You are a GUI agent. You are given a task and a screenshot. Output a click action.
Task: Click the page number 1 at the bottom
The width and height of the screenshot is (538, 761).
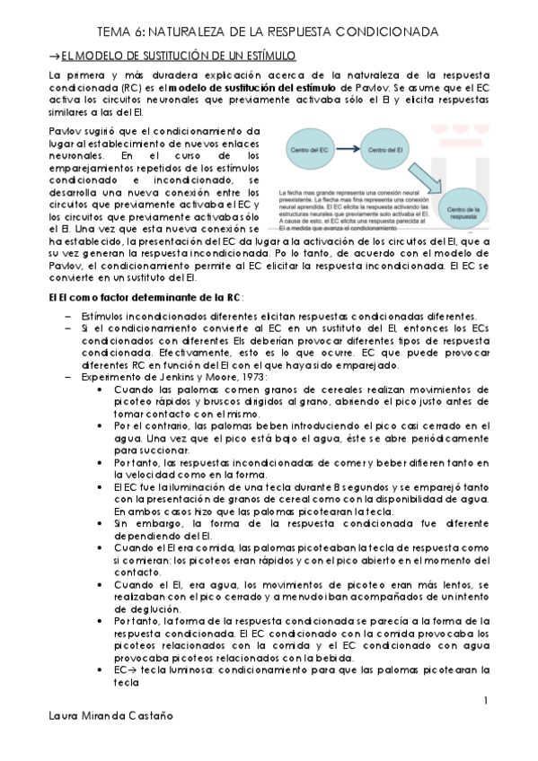(485, 700)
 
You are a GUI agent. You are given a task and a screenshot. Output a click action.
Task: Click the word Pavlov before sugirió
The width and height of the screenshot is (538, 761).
(64, 130)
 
